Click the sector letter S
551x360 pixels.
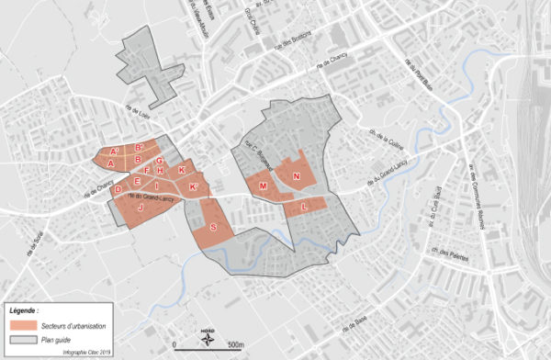coord(214,227)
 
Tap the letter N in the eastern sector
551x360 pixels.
coord(297,175)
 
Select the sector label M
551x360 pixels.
coord(264,186)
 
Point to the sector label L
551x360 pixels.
coord(304,208)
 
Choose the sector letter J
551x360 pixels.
coord(141,208)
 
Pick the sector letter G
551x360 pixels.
coord(160,161)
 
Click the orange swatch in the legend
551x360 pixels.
coord(23,326)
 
